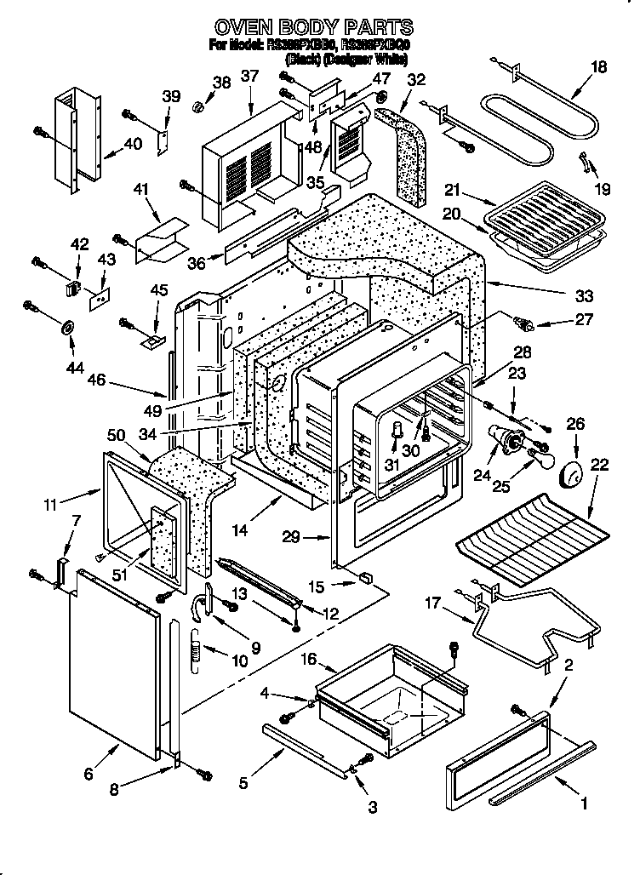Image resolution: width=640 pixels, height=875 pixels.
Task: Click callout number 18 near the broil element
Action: click(599, 67)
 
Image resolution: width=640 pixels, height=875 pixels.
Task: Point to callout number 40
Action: click(133, 144)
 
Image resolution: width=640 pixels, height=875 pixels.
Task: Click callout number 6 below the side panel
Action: click(88, 773)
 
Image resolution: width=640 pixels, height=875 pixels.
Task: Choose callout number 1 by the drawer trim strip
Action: click(584, 803)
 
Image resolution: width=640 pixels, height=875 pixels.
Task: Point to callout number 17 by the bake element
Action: click(433, 605)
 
